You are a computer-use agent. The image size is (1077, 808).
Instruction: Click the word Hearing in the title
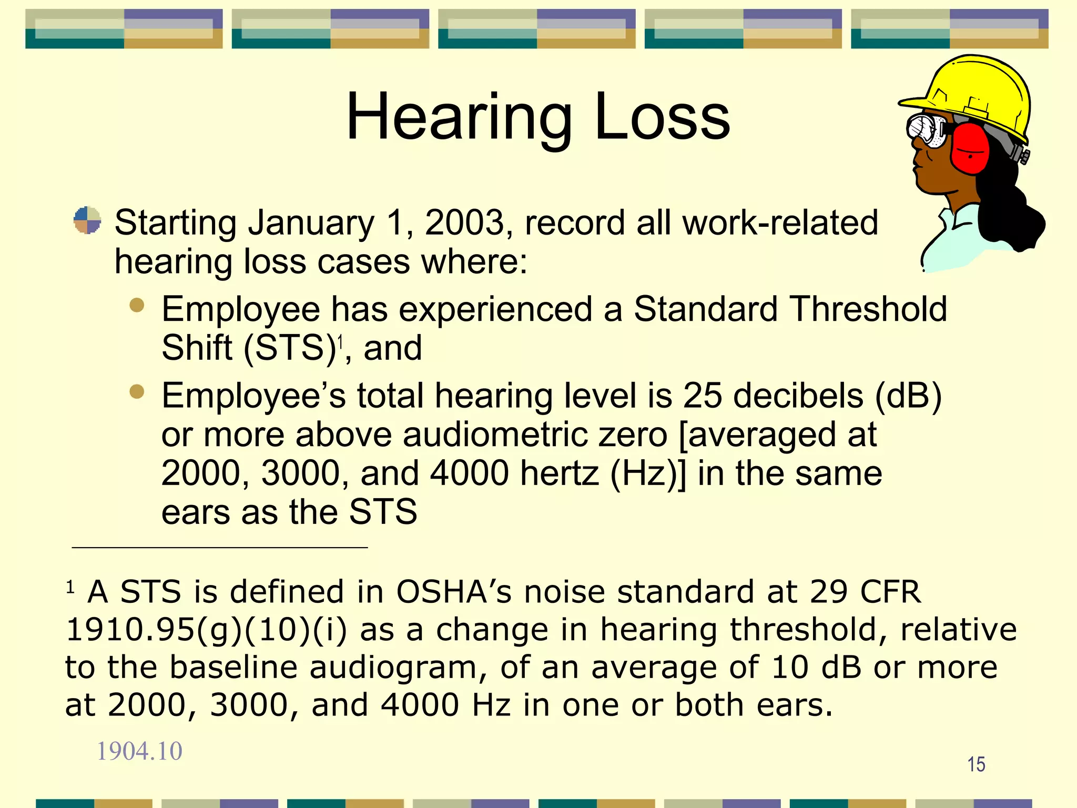[459, 118]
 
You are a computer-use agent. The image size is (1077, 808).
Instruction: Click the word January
[311, 223]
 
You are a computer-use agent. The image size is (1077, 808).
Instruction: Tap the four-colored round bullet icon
[87, 220]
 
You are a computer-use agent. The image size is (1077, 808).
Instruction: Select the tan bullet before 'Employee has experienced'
[137, 305]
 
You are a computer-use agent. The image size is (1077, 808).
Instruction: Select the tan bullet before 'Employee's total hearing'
[137, 391]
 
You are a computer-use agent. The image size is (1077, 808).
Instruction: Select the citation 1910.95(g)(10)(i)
[206, 630]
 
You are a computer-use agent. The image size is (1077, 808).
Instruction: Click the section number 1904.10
[139, 751]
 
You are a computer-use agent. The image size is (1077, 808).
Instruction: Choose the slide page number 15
[976, 764]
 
